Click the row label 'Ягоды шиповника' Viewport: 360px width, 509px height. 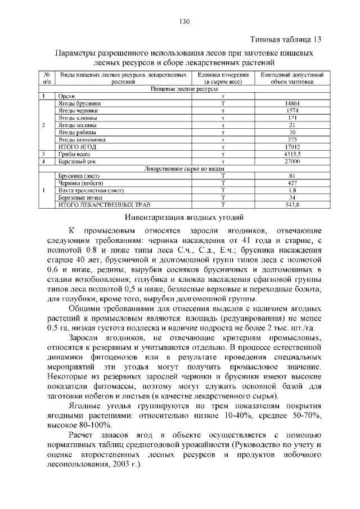(x=82, y=139)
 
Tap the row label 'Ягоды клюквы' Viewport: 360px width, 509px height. (x=78, y=118)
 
